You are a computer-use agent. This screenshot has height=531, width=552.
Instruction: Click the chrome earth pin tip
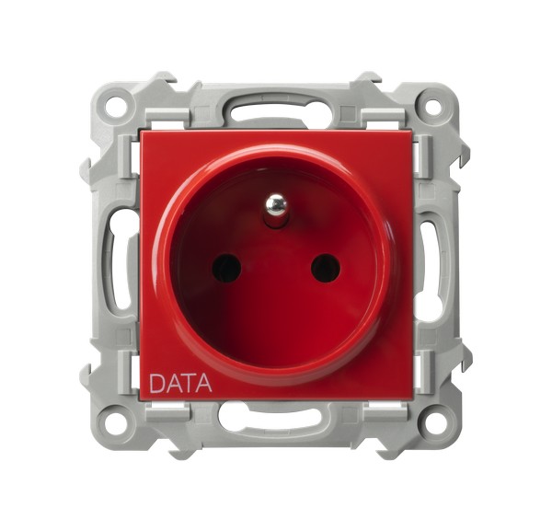(x=276, y=204)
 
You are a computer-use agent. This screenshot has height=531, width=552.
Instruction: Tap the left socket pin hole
(x=226, y=269)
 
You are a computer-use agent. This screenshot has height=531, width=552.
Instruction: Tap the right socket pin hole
(x=326, y=270)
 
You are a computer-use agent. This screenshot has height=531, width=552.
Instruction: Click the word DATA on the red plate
(x=180, y=383)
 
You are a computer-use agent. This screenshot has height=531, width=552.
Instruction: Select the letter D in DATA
(x=156, y=383)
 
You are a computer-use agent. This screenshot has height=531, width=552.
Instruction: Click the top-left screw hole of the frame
(x=116, y=105)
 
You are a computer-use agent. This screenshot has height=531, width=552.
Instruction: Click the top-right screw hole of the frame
(x=433, y=105)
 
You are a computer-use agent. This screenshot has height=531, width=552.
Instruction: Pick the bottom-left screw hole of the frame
(x=116, y=421)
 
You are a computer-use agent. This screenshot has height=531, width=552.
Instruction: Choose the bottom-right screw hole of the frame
(x=433, y=421)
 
